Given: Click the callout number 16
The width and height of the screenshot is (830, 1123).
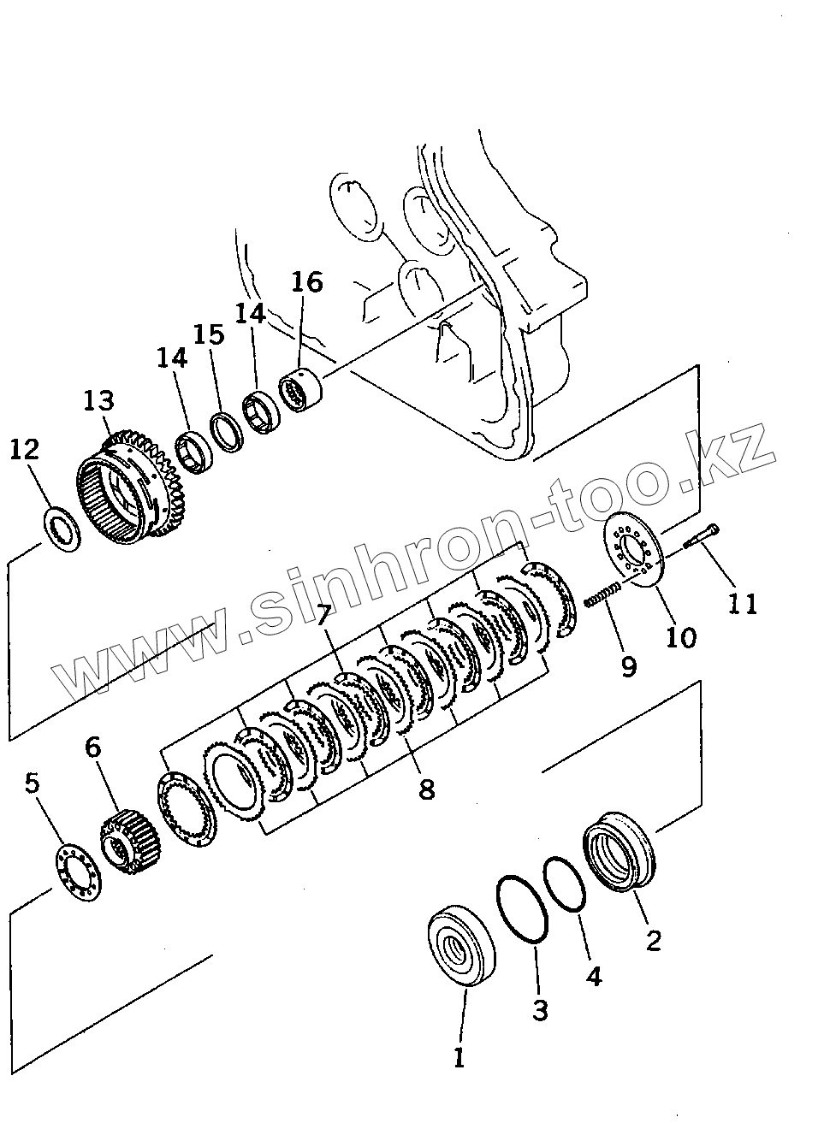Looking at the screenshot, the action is click(307, 281).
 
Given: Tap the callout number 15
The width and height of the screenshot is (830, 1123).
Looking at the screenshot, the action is click(208, 334).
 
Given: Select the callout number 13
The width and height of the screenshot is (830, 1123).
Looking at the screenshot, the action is click(98, 400).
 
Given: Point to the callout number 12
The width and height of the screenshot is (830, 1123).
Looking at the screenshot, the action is click(25, 449).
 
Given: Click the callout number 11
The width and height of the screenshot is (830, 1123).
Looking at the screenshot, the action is click(743, 604).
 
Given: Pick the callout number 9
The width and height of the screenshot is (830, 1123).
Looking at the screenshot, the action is click(629, 665).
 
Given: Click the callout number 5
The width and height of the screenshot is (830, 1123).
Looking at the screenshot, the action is click(33, 783).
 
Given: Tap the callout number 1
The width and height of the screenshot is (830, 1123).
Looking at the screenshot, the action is click(459, 1058).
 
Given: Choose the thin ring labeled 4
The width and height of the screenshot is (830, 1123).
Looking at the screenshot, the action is click(565, 885).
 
